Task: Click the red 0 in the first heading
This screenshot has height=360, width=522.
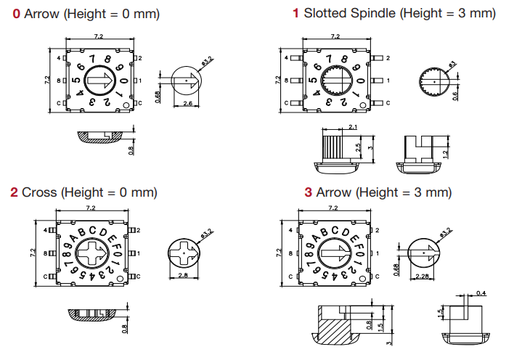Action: point(17,14)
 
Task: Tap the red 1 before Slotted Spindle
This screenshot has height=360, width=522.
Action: point(295,13)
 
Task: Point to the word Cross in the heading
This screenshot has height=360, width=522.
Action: point(39,192)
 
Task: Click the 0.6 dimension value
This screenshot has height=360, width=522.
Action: point(455,94)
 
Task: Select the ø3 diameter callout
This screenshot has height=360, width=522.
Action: point(450,66)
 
